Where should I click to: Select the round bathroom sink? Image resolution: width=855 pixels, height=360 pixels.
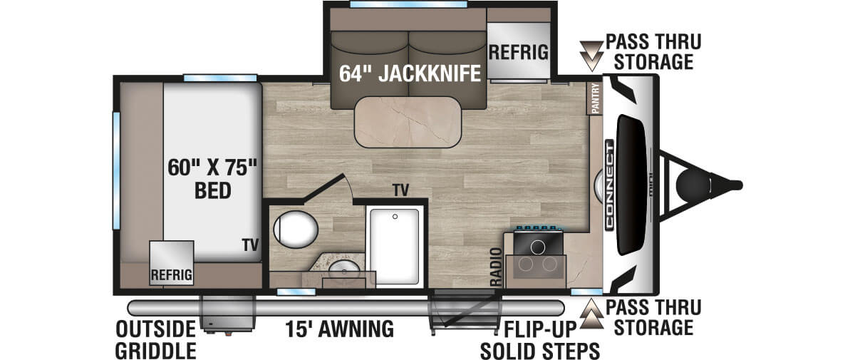coord(346,272)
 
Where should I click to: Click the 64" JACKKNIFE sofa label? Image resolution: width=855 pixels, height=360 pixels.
coord(409,74)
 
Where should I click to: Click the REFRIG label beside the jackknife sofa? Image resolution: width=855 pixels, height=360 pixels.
coord(518,53)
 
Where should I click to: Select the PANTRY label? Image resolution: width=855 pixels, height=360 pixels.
coord(596,98)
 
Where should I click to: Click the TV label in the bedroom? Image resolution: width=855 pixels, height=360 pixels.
coord(249,245)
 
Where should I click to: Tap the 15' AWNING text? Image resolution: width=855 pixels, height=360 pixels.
coord(339,329)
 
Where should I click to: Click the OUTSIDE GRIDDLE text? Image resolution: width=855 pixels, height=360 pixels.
coord(157,340)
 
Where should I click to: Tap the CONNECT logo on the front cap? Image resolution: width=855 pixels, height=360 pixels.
coord(610,185)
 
